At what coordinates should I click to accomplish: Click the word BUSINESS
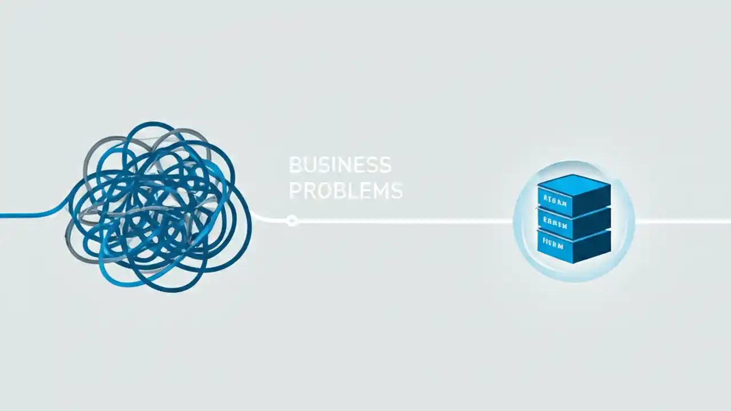tap(340, 166)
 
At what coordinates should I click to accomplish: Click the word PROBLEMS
tap(346, 191)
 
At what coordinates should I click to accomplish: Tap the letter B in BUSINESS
tap(295, 166)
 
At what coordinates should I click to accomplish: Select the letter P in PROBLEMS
tap(295, 191)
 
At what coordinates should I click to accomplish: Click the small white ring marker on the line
tap(292, 220)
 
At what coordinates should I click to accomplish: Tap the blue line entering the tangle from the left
tap(29, 215)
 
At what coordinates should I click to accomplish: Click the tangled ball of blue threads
tap(157, 205)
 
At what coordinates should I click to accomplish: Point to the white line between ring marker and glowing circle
tap(400, 220)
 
